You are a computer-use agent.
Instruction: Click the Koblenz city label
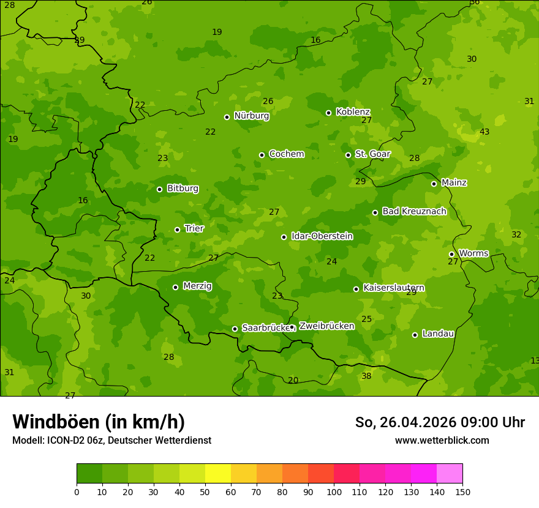click(353, 112)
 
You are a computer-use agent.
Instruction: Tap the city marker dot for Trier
click(177, 230)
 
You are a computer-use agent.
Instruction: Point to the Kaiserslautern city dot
click(356, 289)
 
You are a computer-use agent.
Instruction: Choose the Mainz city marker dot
click(434, 184)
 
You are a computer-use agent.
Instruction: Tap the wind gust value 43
click(484, 132)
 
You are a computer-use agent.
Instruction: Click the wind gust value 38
click(366, 376)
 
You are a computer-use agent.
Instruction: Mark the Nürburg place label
click(251, 116)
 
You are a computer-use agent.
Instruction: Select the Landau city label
click(438, 334)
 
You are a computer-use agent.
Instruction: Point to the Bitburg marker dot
click(159, 189)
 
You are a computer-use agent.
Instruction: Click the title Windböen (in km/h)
click(99, 422)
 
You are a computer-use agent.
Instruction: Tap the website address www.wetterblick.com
click(442, 441)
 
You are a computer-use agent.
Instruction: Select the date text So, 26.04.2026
click(407, 422)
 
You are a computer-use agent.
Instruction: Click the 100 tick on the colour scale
click(334, 491)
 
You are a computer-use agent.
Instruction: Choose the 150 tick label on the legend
click(462, 491)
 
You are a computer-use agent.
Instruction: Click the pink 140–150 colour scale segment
click(450, 474)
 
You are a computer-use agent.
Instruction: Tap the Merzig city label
click(197, 286)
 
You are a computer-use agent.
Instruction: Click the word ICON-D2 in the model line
click(63, 441)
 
